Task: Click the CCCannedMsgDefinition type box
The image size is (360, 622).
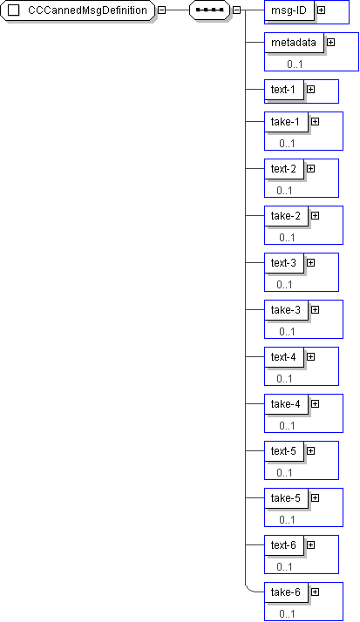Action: pos(78,10)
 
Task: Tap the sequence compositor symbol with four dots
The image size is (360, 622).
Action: pos(209,10)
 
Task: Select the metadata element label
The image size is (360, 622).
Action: pos(294,43)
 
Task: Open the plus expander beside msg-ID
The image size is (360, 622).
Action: pos(321,10)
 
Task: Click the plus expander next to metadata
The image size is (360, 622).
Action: pos(330,42)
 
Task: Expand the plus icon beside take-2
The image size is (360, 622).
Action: pos(316,215)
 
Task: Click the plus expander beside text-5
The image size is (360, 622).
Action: pos(311,450)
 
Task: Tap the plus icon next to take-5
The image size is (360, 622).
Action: pos(316,497)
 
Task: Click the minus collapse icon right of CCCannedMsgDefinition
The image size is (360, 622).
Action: pos(161,10)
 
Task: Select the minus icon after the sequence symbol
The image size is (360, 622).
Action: pos(236,10)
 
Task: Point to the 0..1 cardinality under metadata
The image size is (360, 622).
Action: pos(295,64)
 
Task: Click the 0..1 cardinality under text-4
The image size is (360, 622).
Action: pos(284,378)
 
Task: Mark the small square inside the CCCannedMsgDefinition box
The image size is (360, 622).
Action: pos(13,10)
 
